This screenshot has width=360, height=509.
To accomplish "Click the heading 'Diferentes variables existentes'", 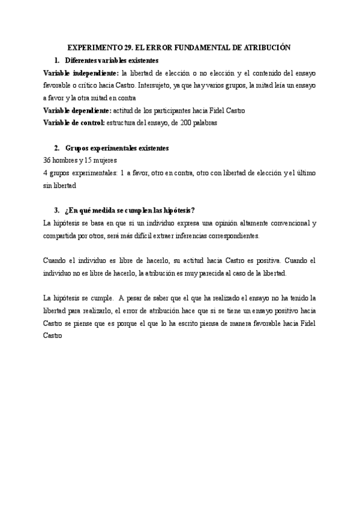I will pyautogui.click(x=112, y=61).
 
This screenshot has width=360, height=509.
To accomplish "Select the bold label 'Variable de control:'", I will pyautogui.click(x=74, y=123).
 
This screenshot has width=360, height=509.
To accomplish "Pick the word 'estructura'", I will pyautogui.click(x=125, y=123).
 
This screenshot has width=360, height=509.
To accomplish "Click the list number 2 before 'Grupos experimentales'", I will pyautogui.click(x=56, y=148).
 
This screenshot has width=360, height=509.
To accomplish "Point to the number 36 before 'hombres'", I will pyautogui.click(x=47, y=160).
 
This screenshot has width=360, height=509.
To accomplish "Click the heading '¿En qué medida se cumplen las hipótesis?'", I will pyautogui.click(x=130, y=210).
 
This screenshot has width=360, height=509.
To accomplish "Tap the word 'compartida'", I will pyautogui.click(x=61, y=235).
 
